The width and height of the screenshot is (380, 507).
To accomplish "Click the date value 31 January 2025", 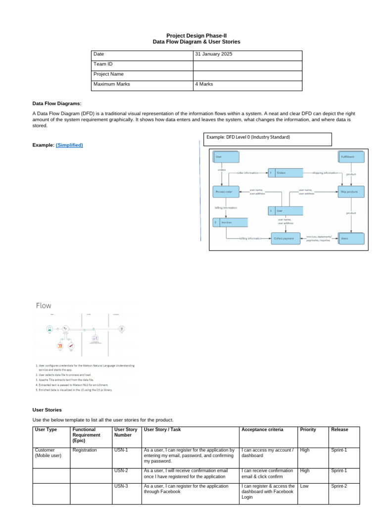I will coord(214,54).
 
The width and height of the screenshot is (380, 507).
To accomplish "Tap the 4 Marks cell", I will coord(204,84).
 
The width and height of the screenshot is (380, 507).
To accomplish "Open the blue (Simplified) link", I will coord(69,145).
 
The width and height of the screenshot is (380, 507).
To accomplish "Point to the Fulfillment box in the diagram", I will coord(351,156).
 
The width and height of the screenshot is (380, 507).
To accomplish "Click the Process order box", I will coord(226,191).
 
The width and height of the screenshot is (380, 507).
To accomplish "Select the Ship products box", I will coord(351,191).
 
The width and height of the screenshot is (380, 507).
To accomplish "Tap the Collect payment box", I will coord(285,239).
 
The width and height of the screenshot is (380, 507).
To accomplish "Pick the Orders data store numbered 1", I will coord(285,173).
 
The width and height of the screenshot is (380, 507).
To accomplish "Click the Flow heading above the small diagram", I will coord(44,305).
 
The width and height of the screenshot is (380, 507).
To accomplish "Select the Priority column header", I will coord(308,429).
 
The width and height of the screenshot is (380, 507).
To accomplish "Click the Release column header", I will coord(339,429).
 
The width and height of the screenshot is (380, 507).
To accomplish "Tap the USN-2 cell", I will coord(121,470).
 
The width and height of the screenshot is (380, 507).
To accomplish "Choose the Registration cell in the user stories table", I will coord(85,450).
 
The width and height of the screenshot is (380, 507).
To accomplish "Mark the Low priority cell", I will coord(304,486).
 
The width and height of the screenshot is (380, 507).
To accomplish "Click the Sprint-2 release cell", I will coord(339,486).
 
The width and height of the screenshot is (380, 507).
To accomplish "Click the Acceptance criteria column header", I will coord(262,429).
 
